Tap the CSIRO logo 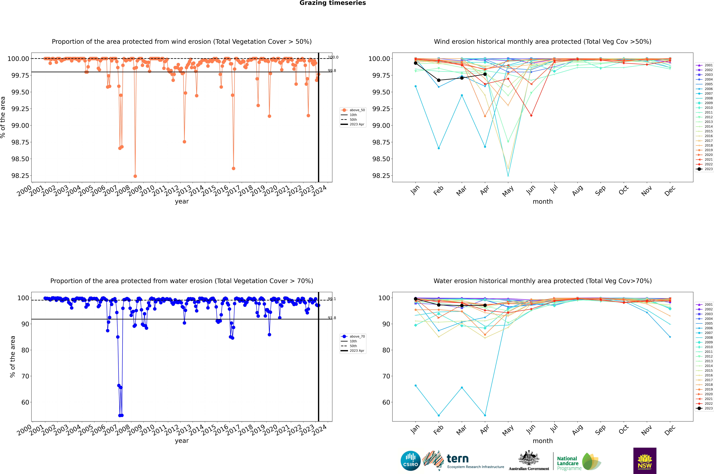[410, 461]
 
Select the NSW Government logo [645, 461]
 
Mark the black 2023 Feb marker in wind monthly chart [439, 80]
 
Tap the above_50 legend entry [353, 110]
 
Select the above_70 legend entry [353, 336]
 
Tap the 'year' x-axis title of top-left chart [182, 201]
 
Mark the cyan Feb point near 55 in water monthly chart [439, 415]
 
